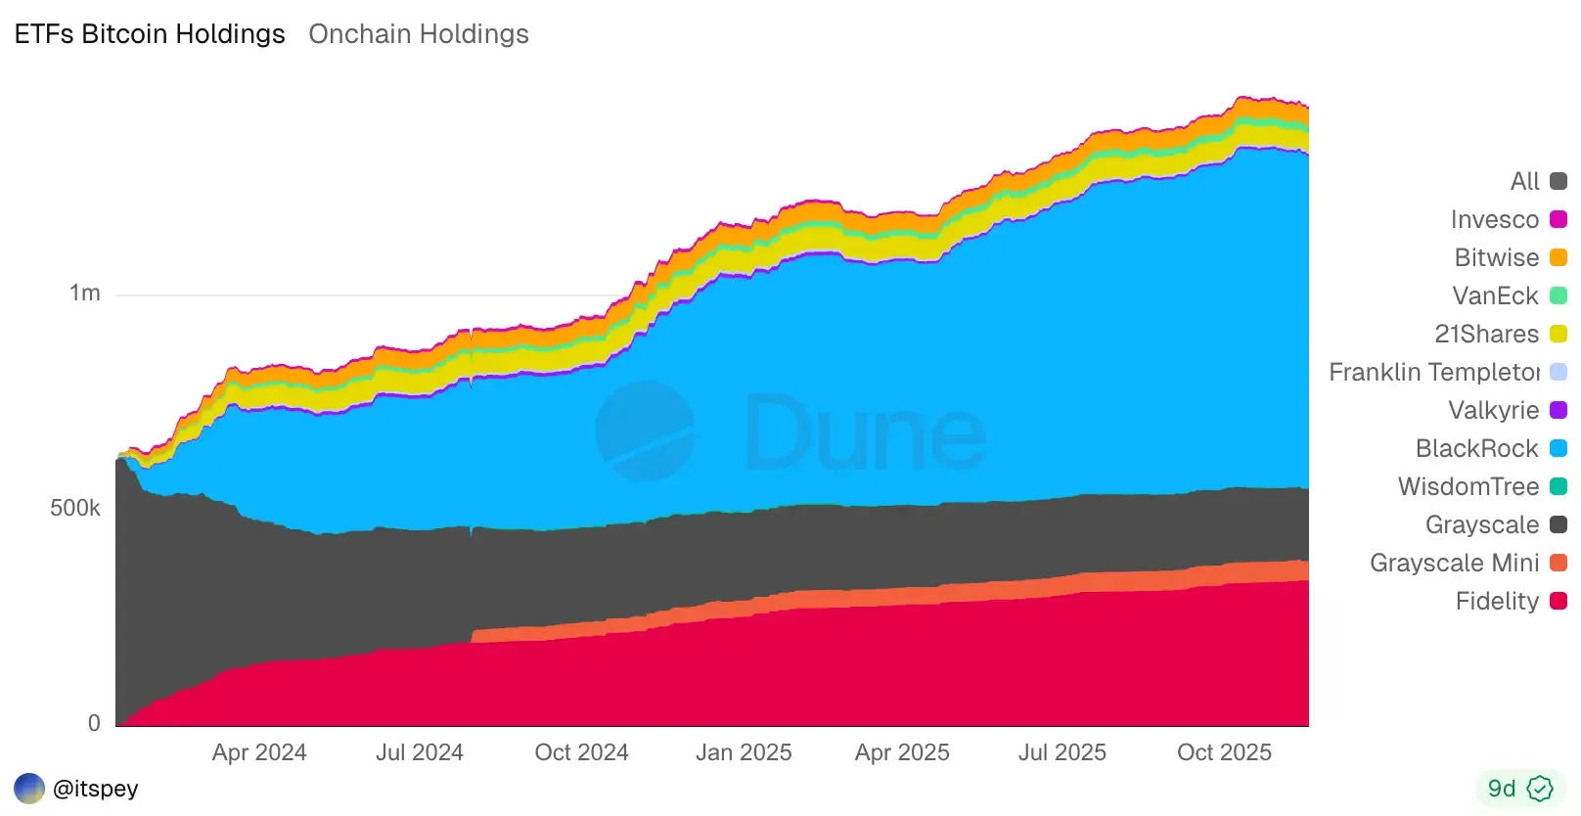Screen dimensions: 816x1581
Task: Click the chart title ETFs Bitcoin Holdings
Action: coord(150,34)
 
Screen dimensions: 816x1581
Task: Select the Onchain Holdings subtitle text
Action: coord(419,34)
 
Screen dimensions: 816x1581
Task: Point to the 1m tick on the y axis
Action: coord(85,294)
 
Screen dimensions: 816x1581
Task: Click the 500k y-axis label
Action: coord(75,508)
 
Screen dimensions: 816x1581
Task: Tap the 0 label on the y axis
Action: coord(94,723)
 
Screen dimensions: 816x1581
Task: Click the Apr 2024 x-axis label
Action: coord(259,752)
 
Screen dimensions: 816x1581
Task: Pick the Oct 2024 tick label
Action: coord(581,752)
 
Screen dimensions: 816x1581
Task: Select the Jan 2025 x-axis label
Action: coord(744,752)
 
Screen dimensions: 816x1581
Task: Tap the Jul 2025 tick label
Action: coord(1062,752)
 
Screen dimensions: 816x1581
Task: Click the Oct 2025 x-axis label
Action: coord(1224,752)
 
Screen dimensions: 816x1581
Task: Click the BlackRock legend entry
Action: coord(1477,448)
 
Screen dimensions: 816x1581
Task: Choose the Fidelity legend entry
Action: coord(1497,601)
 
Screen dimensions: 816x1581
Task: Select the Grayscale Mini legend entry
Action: coord(1454,563)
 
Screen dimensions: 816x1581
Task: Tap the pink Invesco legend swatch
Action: coord(1558,219)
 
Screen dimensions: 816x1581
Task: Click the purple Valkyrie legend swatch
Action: coord(1558,410)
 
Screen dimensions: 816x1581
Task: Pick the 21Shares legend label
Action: coord(1486,334)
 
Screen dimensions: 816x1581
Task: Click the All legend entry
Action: coord(1524,181)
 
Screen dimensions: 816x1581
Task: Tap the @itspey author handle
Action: coord(96,789)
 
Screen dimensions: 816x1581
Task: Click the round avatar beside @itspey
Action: coord(29,789)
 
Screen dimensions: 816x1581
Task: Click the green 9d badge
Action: coord(1519,789)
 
